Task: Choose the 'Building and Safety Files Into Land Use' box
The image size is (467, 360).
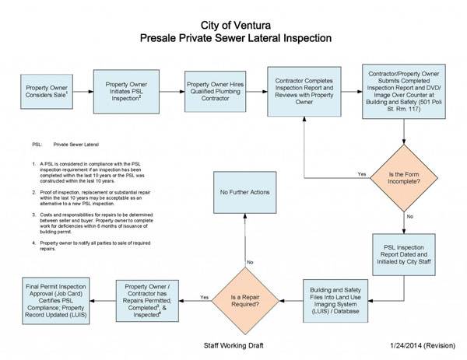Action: (x=338, y=297)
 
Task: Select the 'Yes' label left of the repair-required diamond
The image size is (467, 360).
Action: (x=204, y=297)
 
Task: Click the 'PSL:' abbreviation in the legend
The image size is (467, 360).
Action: (x=37, y=145)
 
